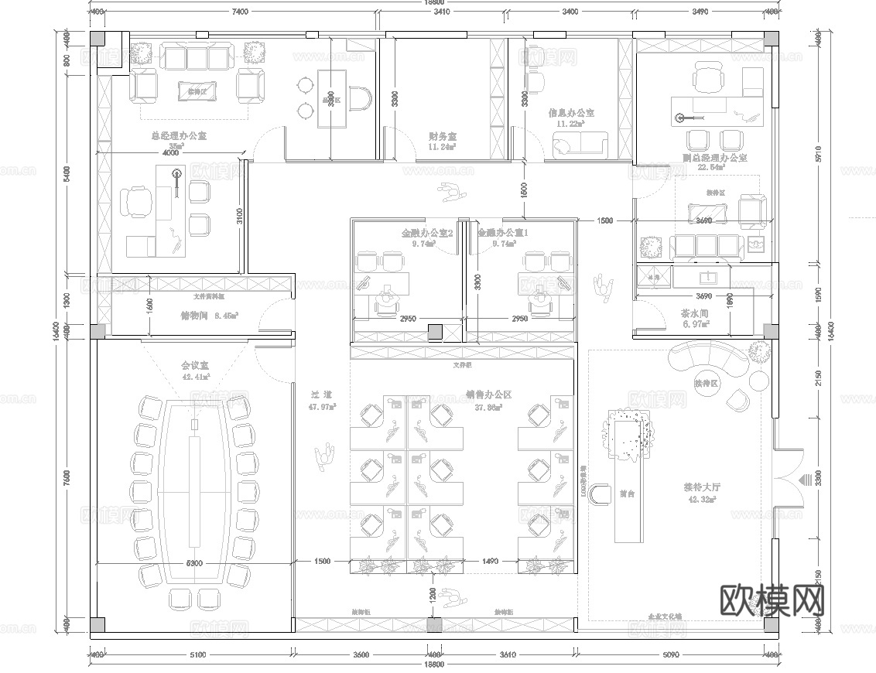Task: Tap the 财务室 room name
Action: tap(443, 135)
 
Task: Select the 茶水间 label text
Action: tap(696, 314)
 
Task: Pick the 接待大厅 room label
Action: tap(701, 487)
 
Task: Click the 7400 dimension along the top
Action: tap(239, 12)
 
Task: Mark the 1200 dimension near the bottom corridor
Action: tap(433, 595)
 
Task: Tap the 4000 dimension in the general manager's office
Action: tap(170, 152)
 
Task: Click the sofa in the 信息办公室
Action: tap(580, 143)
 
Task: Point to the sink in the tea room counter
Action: tap(705, 276)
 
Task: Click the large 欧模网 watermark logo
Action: tap(772, 600)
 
